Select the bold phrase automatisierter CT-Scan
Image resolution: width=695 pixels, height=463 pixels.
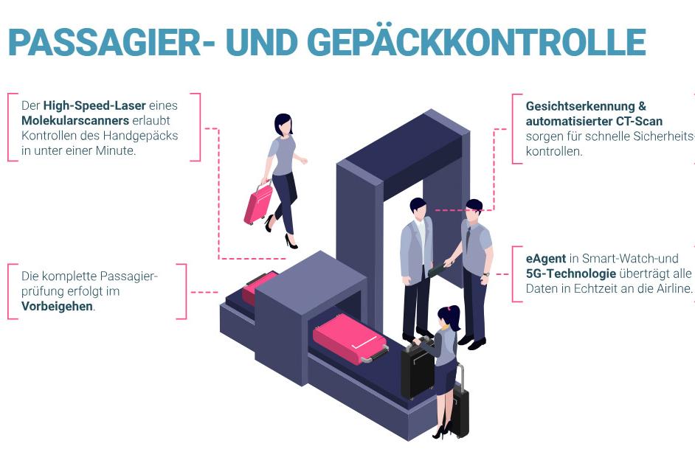coord(594,121)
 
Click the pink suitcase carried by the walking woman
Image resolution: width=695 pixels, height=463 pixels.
coord(258,203)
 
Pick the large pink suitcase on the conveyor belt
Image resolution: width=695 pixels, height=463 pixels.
coord(349,338)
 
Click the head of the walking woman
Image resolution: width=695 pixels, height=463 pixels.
coord(283,125)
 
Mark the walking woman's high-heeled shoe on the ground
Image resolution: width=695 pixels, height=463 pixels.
coord(291,241)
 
